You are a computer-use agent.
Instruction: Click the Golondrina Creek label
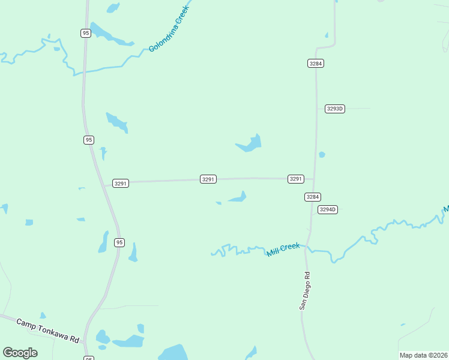point(169,29)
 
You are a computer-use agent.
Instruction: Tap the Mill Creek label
point(283,250)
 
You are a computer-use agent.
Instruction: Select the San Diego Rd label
point(306,291)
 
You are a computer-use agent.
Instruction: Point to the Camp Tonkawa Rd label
point(47,331)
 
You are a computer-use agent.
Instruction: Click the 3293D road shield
point(335,109)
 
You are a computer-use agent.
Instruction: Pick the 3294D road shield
point(328,209)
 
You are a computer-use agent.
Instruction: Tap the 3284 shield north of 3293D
point(316,63)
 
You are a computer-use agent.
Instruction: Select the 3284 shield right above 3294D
point(313,197)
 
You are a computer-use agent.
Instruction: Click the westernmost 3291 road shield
point(121,183)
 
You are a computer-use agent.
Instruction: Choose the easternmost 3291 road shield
point(296,179)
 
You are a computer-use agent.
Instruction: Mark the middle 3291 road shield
point(208,179)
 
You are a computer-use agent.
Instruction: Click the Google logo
point(20,353)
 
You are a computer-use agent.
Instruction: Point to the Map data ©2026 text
point(423,355)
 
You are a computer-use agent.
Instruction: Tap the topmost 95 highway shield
point(86,33)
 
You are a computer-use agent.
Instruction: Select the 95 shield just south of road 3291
point(119,242)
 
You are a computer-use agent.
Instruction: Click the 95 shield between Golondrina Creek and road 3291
point(89,140)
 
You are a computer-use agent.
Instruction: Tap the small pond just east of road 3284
point(322,155)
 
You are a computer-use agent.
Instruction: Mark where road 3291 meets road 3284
point(315,179)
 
